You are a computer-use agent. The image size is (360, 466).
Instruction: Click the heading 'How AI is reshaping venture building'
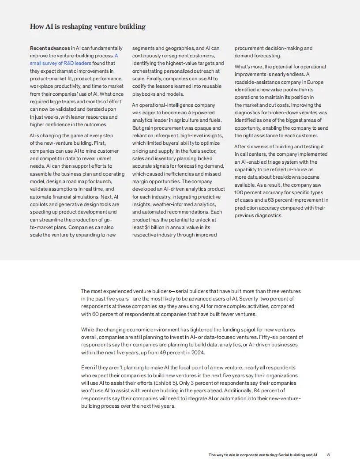tap(87, 26)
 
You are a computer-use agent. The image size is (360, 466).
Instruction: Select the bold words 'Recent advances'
tap(50, 48)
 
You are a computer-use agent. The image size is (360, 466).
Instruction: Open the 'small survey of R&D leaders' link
tap(60, 63)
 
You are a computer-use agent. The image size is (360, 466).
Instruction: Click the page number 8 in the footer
tap(329, 455)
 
